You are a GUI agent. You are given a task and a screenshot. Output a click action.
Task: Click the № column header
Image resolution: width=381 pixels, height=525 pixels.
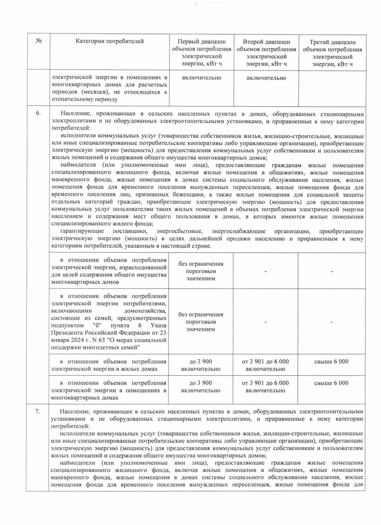[x=39, y=41]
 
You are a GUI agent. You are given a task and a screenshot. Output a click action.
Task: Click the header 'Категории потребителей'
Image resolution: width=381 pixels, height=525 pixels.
[x=110, y=41]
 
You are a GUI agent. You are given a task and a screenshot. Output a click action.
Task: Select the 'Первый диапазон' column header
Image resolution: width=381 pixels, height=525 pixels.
[x=202, y=53]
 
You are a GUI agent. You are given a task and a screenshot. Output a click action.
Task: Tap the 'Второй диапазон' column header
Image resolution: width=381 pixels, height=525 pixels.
[x=266, y=53]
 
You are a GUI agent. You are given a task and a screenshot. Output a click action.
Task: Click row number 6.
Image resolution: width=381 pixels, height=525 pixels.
[x=38, y=113]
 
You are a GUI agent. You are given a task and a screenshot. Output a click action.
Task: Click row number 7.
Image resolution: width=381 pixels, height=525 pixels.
[x=37, y=412]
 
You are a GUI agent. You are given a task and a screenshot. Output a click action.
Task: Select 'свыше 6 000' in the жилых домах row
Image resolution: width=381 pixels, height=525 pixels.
[x=331, y=361]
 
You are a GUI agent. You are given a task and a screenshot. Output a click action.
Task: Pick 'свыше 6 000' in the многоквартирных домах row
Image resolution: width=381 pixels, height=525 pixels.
[x=331, y=383]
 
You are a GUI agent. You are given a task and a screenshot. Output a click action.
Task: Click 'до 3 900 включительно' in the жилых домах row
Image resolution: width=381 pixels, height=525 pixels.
[x=201, y=365]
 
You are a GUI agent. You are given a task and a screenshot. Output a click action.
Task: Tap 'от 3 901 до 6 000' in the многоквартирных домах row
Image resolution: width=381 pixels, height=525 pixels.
[x=265, y=383]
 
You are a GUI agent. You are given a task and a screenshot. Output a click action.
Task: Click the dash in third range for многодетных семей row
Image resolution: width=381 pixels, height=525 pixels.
[x=331, y=322]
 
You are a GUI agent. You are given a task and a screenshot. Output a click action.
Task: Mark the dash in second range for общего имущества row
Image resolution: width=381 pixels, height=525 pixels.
[x=265, y=272]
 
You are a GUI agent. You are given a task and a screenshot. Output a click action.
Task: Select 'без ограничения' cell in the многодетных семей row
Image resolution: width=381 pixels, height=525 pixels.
[x=201, y=322]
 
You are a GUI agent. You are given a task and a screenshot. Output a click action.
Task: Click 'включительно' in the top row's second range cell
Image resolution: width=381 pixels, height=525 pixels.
[x=266, y=78]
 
